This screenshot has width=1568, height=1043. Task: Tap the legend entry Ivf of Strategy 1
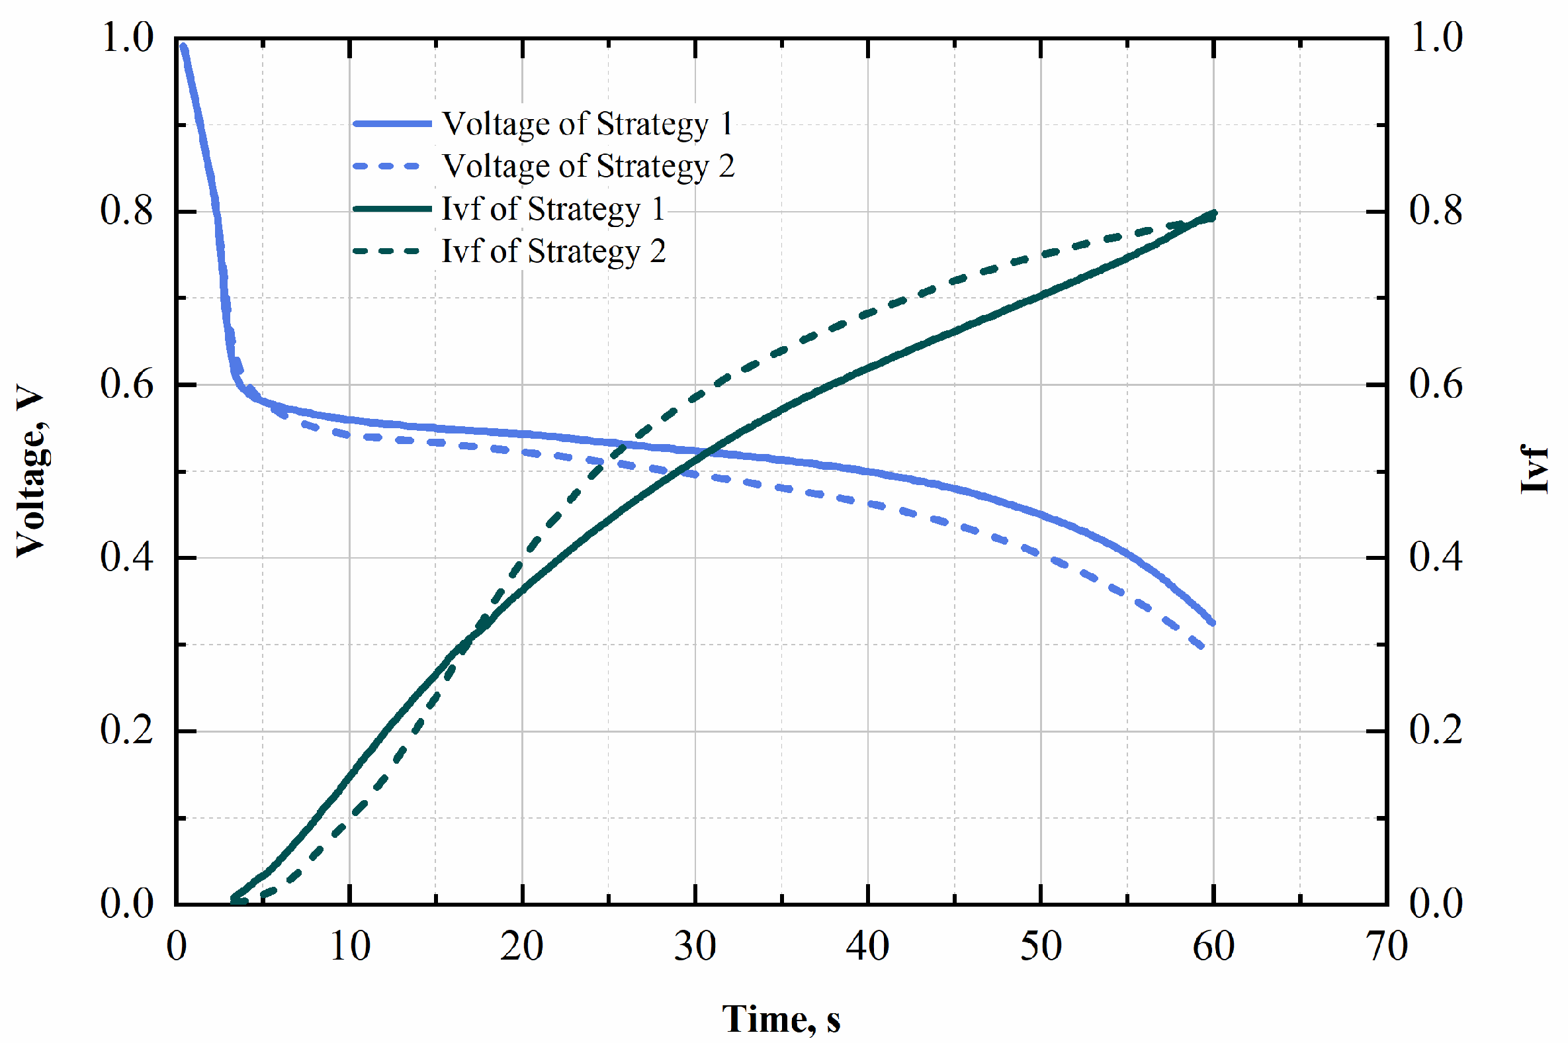coord(552,209)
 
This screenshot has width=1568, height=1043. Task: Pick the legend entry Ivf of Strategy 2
coord(552,251)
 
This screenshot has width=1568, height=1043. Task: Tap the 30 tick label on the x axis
coord(695,946)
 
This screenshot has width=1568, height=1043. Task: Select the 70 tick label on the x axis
coord(1387,946)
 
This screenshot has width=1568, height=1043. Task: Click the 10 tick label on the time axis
coord(350,946)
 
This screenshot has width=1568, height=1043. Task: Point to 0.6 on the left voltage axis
coord(126,385)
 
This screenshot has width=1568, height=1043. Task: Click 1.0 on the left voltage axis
coord(126,38)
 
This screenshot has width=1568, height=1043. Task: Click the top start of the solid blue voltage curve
coord(183,46)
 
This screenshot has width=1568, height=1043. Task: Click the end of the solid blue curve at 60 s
coord(1213,623)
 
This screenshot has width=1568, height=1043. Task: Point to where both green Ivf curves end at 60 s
coord(1213,214)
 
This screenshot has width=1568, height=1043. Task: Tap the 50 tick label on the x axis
coord(1041,946)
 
